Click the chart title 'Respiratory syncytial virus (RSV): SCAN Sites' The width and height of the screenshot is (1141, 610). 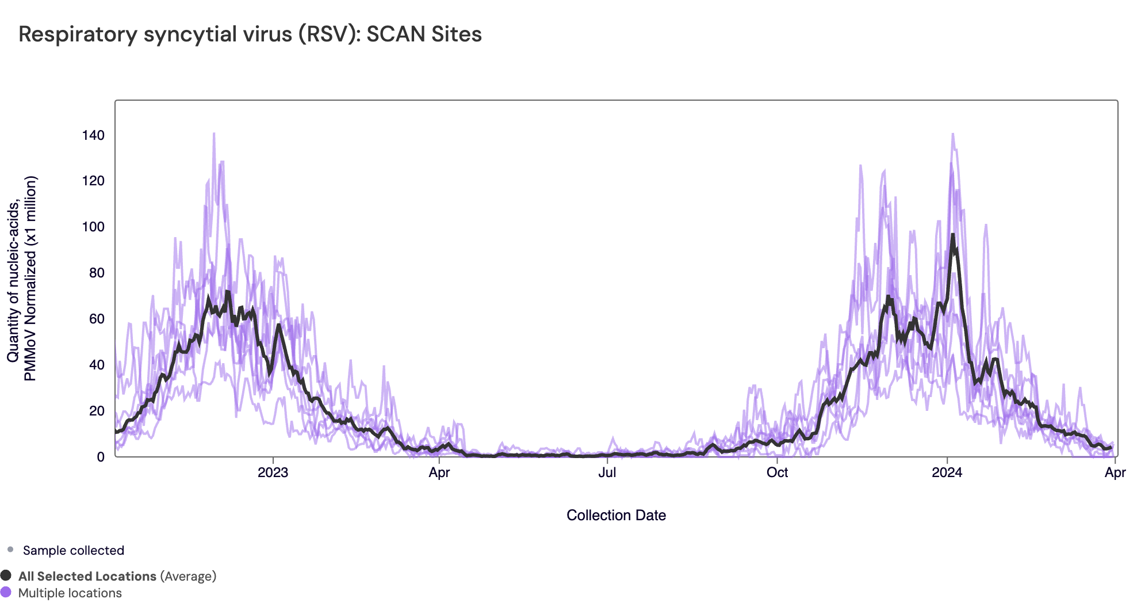(x=250, y=35)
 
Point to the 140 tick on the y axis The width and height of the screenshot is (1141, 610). (x=93, y=135)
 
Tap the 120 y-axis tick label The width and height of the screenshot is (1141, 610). (x=93, y=181)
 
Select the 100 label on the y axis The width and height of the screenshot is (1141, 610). (x=93, y=227)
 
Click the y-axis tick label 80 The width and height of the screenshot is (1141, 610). (x=97, y=273)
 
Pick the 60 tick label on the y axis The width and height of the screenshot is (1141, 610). (x=97, y=319)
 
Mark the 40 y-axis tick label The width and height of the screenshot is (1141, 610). (x=97, y=365)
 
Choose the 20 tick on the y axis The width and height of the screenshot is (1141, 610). (x=97, y=411)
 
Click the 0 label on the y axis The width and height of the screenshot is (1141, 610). (x=101, y=457)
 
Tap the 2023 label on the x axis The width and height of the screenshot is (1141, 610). (x=273, y=472)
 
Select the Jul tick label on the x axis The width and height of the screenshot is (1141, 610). (x=607, y=472)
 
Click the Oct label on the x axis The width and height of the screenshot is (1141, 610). (x=777, y=472)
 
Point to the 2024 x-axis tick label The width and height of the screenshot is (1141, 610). (x=947, y=472)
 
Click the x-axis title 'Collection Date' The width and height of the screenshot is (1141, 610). (x=616, y=515)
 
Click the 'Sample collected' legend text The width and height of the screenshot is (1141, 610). (x=73, y=551)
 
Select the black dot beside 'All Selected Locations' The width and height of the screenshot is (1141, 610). (x=6, y=575)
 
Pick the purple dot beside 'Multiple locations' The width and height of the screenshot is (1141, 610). (x=6, y=592)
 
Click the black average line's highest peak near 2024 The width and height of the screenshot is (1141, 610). (x=952, y=235)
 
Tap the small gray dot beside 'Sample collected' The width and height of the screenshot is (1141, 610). (x=10, y=550)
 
